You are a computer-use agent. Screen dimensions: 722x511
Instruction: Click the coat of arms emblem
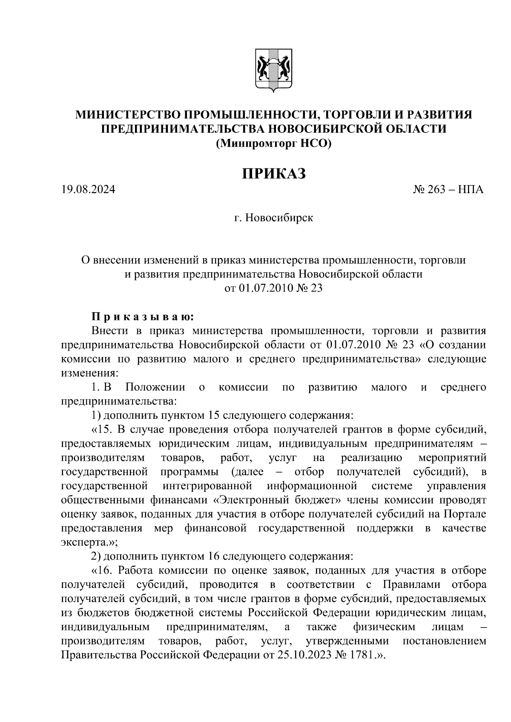pos(273,70)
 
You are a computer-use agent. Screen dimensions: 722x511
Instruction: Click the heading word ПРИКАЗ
pos(274,174)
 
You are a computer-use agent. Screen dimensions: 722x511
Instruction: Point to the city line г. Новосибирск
pos(273,218)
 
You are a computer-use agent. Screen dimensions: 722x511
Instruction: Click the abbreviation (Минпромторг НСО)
pos(273,143)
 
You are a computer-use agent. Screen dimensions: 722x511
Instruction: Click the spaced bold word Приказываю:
pos(143,317)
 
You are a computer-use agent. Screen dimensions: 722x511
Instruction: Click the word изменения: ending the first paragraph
pos(89,373)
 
